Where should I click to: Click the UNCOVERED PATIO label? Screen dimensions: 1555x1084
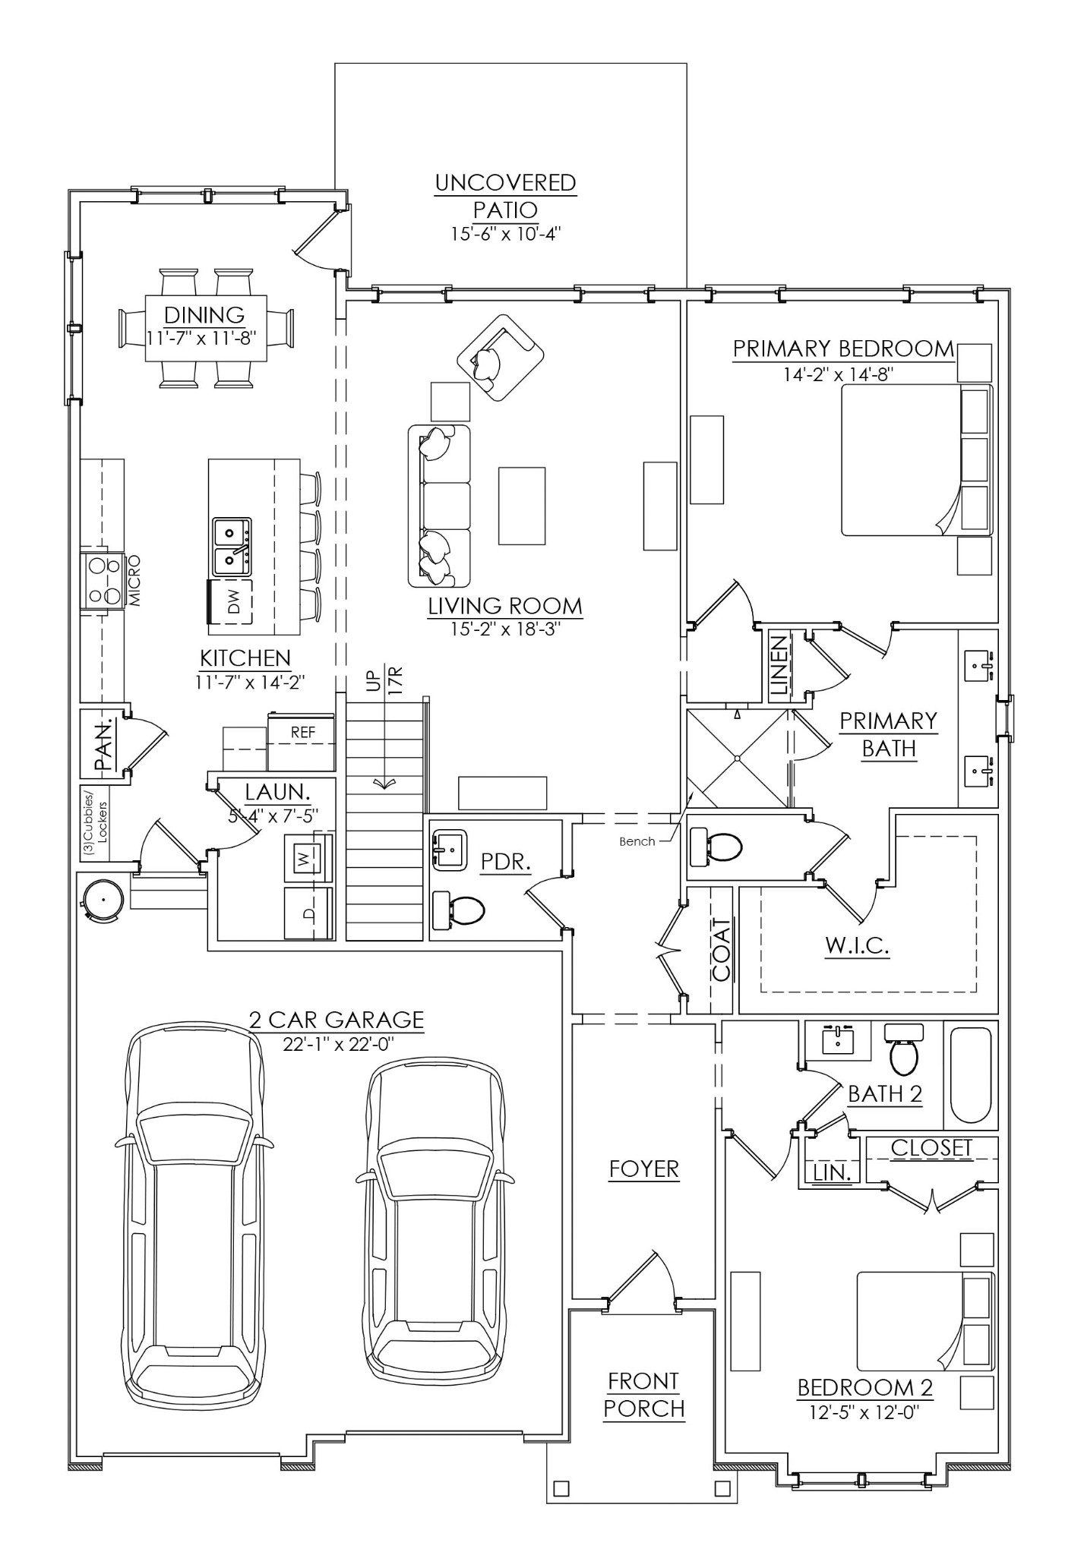pyautogui.click(x=505, y=196)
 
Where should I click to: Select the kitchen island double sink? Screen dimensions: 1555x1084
pyautogui.click(x=232, y=546)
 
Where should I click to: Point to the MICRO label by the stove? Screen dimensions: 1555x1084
pyautogui.click(x=135, y=581)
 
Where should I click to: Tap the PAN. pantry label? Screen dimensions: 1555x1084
pyautogui.click(x=103, y=745)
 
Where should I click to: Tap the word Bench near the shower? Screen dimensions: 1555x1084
pyautogui.click(x=637, y=841)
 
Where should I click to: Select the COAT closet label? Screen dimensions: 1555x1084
pyautogui.click(x=721, y=949)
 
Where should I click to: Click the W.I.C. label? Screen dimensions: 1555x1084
pyautogui.click(x=857, y=945)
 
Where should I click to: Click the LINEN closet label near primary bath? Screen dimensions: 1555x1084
pyautogui.click(x=779, y=666)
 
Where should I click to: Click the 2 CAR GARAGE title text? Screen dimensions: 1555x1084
pyautogui.click(x=337, y=1019)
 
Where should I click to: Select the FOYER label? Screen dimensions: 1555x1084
pyautogui.click(x=643, y=1169)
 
